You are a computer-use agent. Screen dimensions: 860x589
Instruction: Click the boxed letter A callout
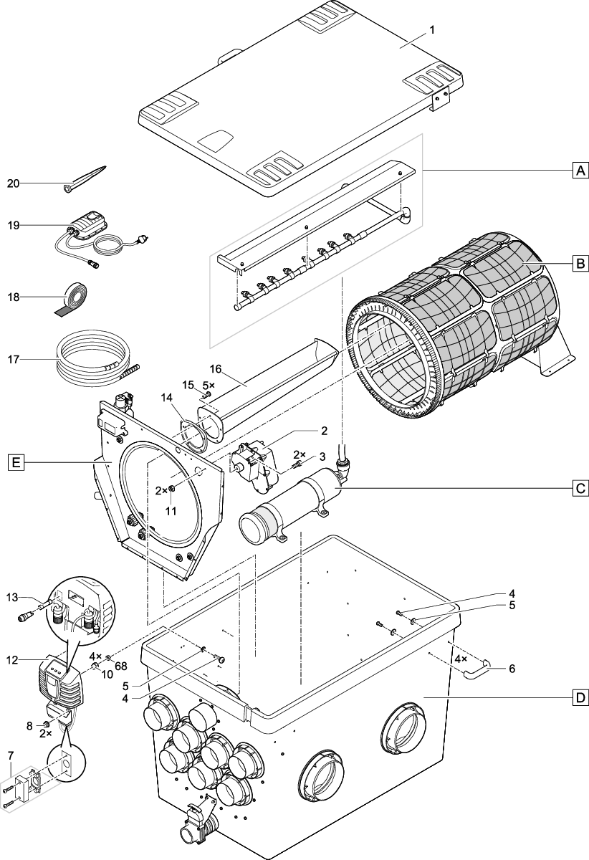579,170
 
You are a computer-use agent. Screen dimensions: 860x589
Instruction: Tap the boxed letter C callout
579,489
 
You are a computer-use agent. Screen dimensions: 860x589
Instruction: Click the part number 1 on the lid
431,29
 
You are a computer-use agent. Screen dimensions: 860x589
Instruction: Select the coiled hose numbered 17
93,358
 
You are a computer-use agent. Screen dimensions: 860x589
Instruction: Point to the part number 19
13,225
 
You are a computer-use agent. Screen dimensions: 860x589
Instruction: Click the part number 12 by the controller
13,659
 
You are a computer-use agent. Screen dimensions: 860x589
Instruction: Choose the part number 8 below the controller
29,725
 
